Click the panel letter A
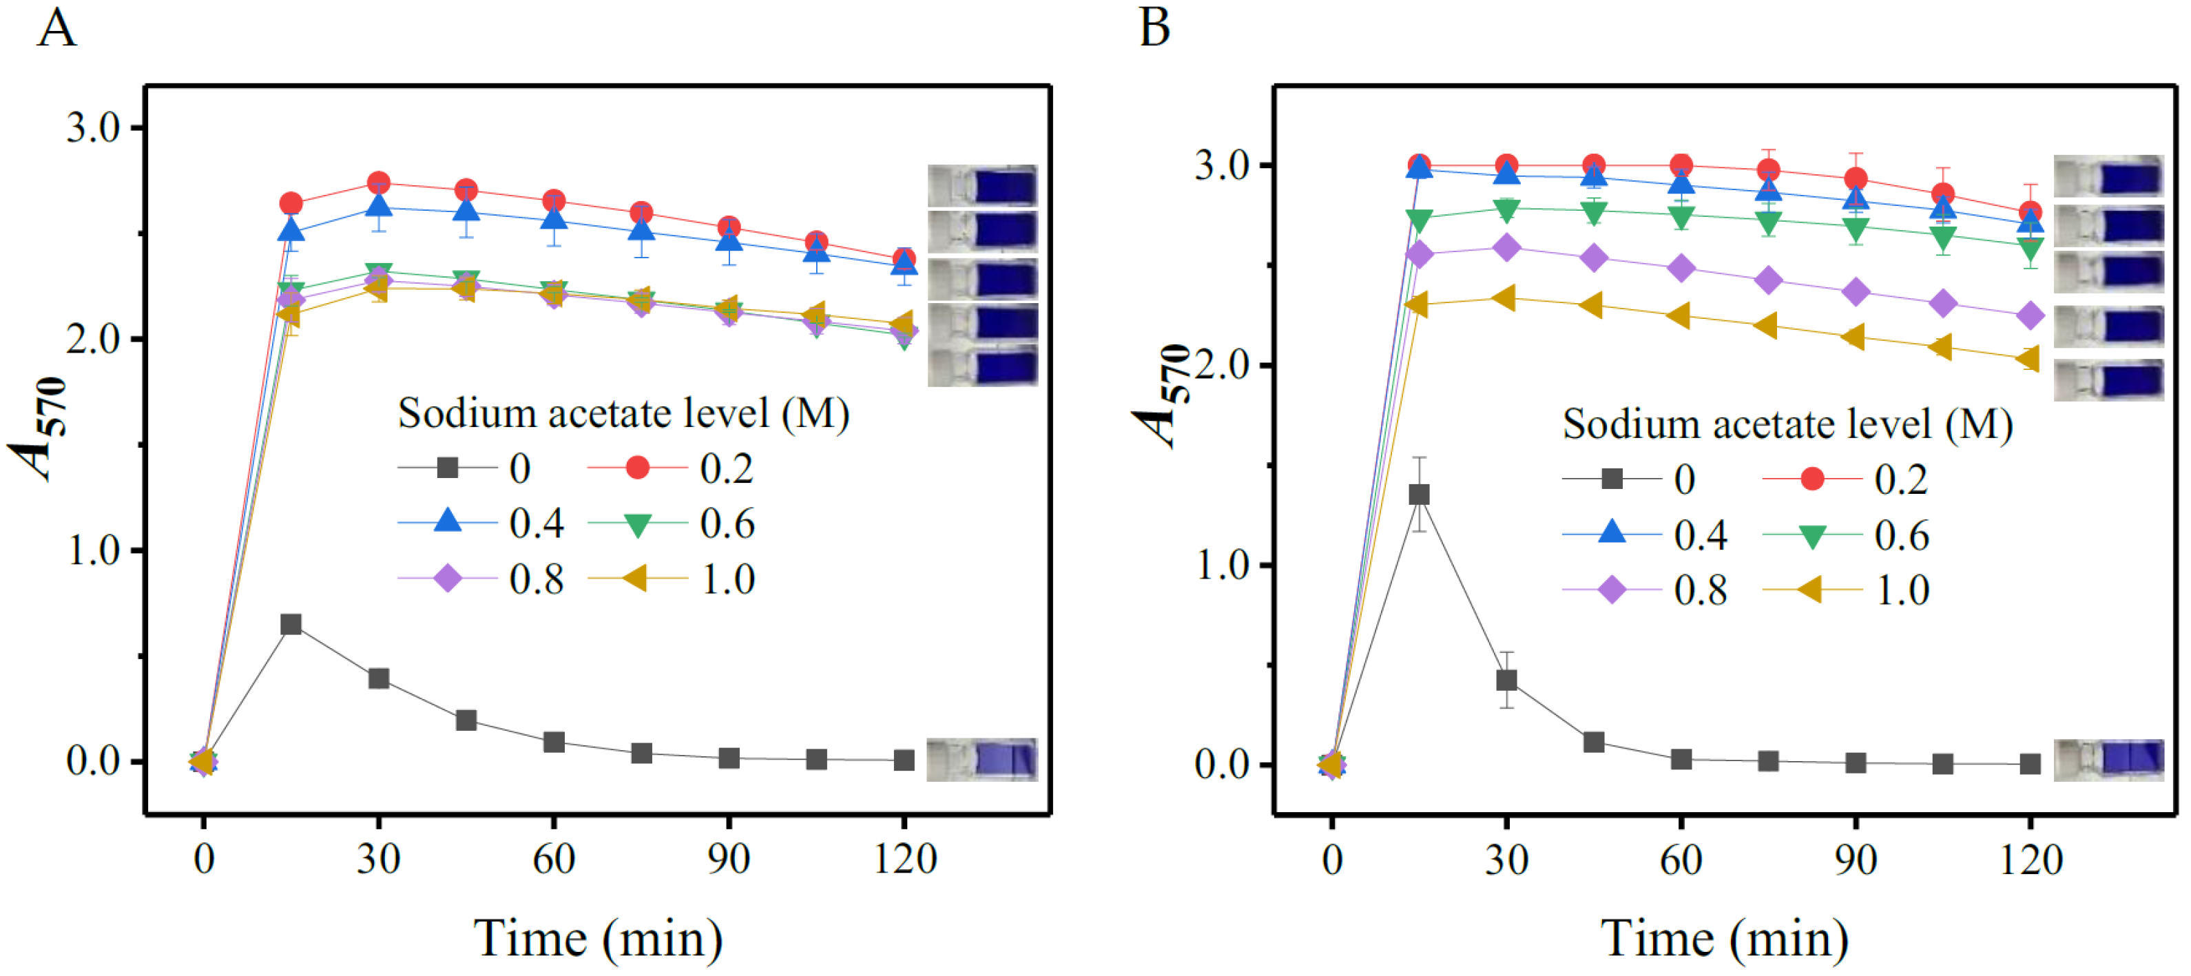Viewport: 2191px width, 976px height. coord(56,28)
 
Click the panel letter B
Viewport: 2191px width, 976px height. coord(1154,28)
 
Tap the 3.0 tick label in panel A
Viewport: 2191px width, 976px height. coord(94,127)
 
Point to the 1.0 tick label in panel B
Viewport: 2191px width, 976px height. coord(1221,565)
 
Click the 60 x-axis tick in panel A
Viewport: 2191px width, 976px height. coord(554,860)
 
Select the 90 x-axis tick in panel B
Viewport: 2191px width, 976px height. coord(1855,860)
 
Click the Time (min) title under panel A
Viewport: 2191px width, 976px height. coord(598,939)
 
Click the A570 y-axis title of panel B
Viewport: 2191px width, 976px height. coord(1162,395)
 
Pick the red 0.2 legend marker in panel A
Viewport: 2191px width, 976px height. coord(637,468)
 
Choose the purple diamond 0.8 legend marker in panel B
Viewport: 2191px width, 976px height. coord(1611,590)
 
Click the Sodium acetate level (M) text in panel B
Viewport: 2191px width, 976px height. coord(1787,424)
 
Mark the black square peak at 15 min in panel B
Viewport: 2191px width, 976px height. coord(1419,495)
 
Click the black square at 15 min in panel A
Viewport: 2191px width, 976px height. coord(291,625)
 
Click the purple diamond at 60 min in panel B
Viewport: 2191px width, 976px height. coord(1681,268)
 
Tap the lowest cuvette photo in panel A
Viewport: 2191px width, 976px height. coord(982,760)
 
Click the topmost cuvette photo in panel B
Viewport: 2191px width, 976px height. coord(2108,176)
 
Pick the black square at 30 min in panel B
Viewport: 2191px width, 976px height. coord(1506,680)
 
